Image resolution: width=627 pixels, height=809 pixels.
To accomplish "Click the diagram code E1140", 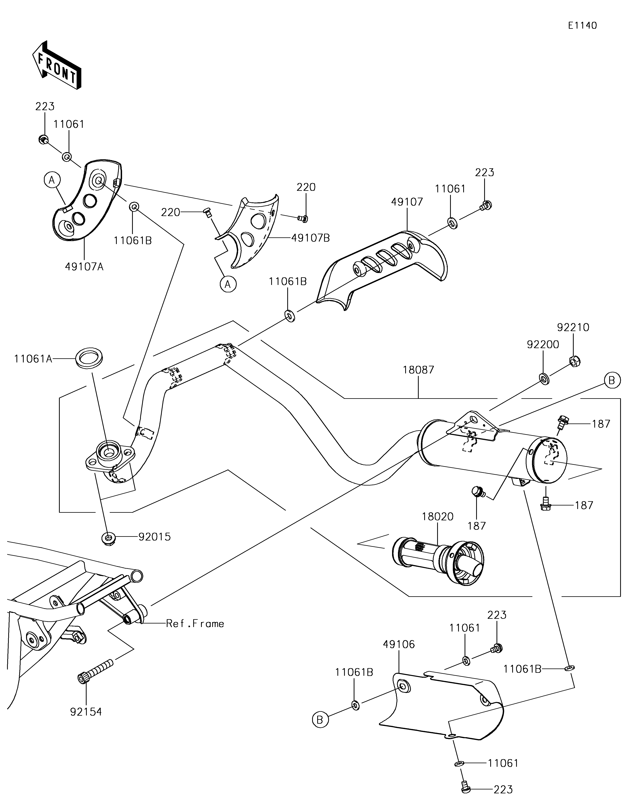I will (x=583, y=26).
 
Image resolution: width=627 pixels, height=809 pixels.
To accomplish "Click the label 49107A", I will (x=84, y=266).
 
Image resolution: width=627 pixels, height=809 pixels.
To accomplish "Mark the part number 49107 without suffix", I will (x=407, y=202).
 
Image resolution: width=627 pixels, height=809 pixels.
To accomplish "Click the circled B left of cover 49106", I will (x=320, y=720).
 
